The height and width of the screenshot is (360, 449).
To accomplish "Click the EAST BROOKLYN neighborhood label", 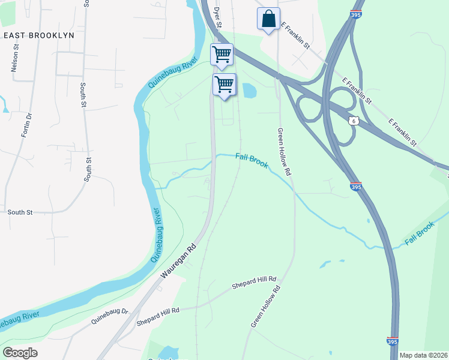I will coord(38,35).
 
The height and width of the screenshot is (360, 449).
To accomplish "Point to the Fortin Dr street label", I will coord(25,125).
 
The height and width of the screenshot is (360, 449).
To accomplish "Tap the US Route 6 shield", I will coord(354,121).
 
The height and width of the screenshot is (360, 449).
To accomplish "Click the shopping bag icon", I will coord(268,18).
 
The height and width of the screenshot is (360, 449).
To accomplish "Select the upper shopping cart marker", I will coord(221,55).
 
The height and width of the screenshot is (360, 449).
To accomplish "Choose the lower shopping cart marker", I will coord(224,83).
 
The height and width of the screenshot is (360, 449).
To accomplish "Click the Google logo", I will coord(20,353).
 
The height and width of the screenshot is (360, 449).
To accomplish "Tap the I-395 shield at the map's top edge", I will coord(356,13).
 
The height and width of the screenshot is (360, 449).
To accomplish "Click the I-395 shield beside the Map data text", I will coord(393,341).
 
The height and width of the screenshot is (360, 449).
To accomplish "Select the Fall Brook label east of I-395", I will coord(419,233).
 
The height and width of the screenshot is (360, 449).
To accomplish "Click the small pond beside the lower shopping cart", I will coord(247,91).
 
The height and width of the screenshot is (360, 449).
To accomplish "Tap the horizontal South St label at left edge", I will coord(20,212).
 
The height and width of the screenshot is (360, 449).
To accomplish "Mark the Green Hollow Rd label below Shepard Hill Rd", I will coord(267,307).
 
